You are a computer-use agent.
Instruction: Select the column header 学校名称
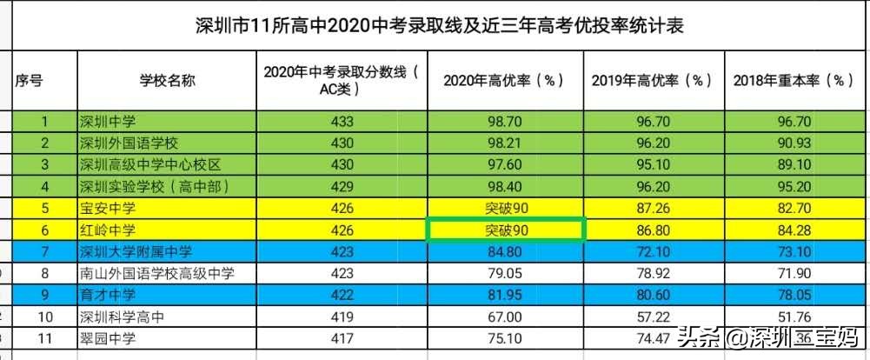tap(167, 81)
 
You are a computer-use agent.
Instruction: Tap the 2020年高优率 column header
tap(504, 81)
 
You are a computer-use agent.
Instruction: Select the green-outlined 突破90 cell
tap(505, 230)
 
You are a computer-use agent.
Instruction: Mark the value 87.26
tap(652, 209)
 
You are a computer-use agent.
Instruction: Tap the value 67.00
tap(505, 317)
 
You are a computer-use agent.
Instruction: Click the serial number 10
tap(44, 317)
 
